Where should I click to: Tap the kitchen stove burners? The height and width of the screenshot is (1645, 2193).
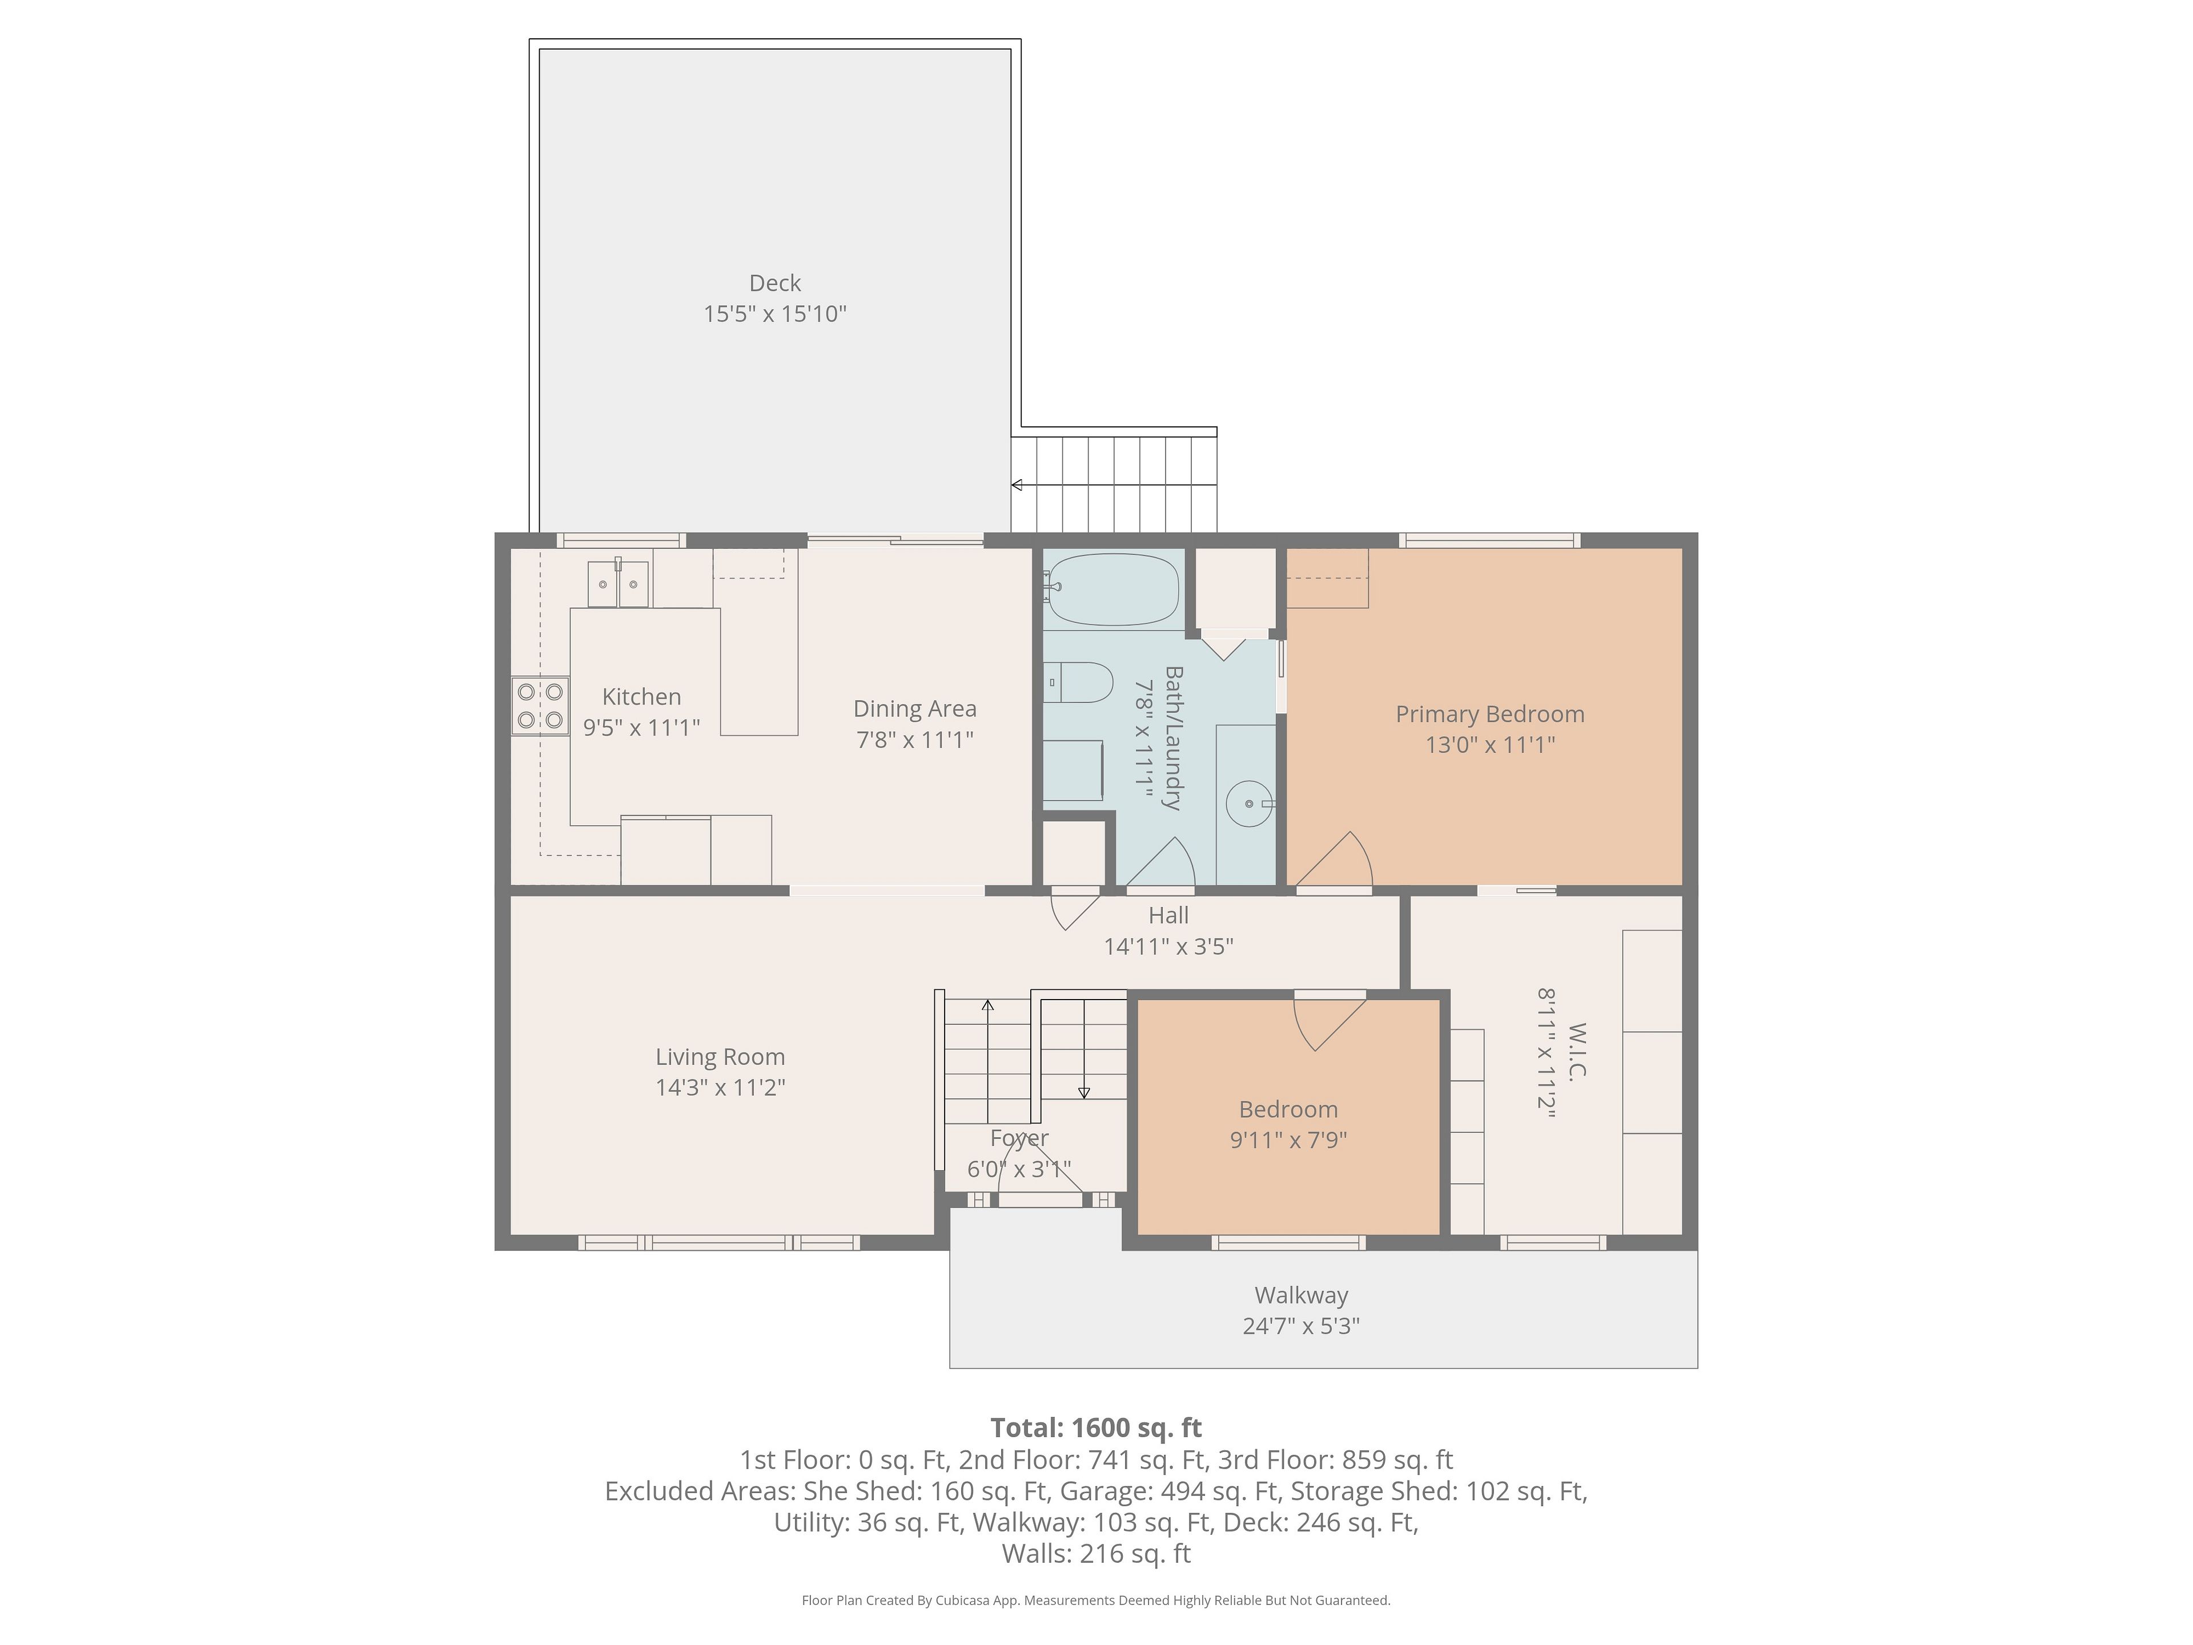click(540, 705)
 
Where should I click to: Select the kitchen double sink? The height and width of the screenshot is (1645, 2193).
click(618, 583)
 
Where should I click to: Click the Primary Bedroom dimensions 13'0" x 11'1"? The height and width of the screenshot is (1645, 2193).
click(1490, 745)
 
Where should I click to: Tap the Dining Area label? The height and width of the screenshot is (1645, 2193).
click(915, 709)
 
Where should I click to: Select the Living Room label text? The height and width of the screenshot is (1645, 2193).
click(721, 1057)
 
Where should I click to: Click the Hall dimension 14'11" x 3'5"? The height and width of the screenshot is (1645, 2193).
click(1169, 946)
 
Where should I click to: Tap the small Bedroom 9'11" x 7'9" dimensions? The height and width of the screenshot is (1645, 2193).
click(1289, 1140)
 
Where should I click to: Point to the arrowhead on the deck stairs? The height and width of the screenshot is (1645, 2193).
click(1016, 485)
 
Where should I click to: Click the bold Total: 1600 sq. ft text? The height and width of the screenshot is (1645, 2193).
click(1096, 1428)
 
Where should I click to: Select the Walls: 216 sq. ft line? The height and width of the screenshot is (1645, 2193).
click(1096, 1554)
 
